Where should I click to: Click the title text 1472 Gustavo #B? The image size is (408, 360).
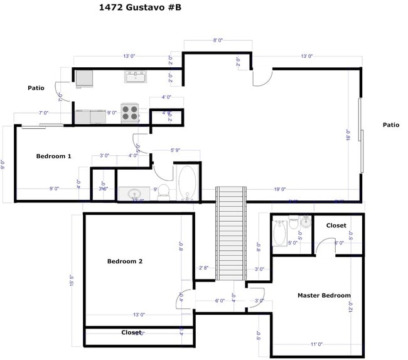141,8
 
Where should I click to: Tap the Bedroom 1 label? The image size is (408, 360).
53,156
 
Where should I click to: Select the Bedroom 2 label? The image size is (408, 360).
125,261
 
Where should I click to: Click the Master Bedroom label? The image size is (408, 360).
324,295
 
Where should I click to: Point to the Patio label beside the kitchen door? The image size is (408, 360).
36,88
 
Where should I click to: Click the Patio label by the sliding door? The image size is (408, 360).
391,125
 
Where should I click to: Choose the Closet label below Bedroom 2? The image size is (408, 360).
131,332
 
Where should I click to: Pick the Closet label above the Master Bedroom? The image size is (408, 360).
336,226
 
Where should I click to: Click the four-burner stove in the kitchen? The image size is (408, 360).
130,113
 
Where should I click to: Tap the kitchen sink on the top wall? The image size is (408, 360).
135,77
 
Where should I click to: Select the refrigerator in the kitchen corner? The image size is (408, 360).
84,78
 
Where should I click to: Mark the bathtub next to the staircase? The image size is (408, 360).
187,183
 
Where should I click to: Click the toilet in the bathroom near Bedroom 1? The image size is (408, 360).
163,191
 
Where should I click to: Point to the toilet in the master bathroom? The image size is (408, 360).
293,222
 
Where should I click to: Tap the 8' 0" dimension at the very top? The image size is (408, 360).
218,40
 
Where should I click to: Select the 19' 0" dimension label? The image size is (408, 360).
280,189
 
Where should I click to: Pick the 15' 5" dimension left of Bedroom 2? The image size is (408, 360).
73,280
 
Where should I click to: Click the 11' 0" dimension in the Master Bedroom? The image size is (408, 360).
316,344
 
